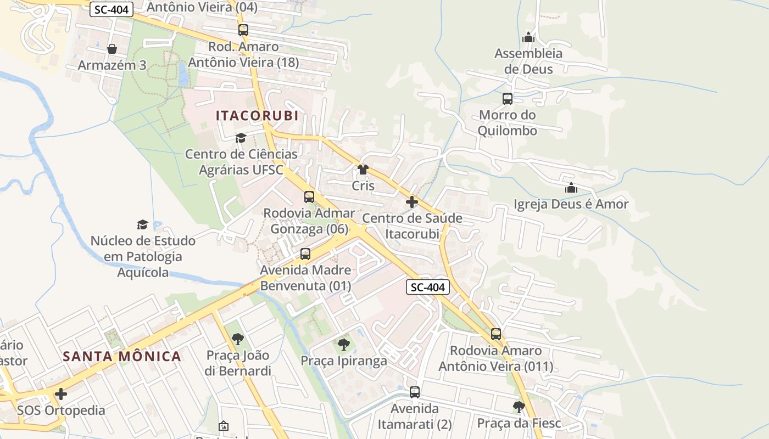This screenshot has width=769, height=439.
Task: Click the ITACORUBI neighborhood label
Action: (257, 116)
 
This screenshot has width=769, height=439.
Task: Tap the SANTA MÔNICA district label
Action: (122, 356)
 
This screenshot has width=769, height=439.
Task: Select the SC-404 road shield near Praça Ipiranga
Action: (428, 286)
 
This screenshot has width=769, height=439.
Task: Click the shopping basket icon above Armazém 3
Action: (112, 49)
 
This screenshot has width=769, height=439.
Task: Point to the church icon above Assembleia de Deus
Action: (528, 37)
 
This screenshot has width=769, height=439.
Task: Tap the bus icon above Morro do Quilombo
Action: (508, 99)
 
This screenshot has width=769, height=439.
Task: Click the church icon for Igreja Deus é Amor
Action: (571, 188)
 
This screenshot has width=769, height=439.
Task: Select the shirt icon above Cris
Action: (363, 170)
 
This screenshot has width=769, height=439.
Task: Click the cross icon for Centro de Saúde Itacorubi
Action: (412, 202)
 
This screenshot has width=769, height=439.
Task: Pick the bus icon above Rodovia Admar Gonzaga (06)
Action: (309, 196)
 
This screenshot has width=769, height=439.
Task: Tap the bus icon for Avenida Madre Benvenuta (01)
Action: (305, 254)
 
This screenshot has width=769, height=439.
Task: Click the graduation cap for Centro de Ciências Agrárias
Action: (241, 138)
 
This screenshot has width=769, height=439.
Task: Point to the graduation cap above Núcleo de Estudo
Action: (143, 224)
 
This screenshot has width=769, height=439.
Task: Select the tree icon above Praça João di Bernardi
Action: (238, 339)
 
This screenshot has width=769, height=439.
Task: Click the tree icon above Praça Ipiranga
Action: (344, 345)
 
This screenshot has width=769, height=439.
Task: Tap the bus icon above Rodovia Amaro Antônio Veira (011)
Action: (496, 334)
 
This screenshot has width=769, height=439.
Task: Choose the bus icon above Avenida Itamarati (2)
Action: (415, 392)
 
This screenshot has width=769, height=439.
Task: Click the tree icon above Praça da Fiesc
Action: (519, 407)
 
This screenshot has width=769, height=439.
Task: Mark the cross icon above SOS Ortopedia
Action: (61, 394)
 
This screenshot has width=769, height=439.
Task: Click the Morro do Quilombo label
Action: (507, 123)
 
